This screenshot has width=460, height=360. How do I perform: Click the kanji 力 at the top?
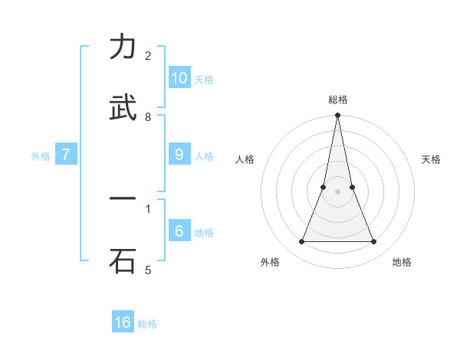(123, 47)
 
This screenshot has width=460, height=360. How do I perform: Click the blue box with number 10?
(179, 78)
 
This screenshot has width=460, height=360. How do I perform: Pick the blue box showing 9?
(179, 155)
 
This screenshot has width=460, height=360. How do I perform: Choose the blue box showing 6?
(179, 231)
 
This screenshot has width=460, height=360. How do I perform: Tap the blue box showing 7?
(66, 155)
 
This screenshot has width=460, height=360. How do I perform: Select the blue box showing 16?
(123, 322)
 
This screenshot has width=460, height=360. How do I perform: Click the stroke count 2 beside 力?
(148, 55)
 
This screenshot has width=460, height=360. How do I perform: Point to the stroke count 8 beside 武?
(148, 116)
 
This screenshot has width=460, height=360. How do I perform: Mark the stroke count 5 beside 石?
(148, 270)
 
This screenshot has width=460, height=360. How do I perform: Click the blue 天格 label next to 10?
(204, 80)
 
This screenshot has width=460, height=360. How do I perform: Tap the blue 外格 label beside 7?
(41, 156)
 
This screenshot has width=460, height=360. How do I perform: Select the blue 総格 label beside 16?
(147, 324)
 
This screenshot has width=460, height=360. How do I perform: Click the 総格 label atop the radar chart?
(337, 100)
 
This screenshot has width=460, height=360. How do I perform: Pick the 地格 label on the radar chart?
(402, 262)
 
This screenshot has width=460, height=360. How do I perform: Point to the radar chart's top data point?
(337, 116)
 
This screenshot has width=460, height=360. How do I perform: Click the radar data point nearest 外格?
(301, 242)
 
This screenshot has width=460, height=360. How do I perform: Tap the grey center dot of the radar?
(337, 191)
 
